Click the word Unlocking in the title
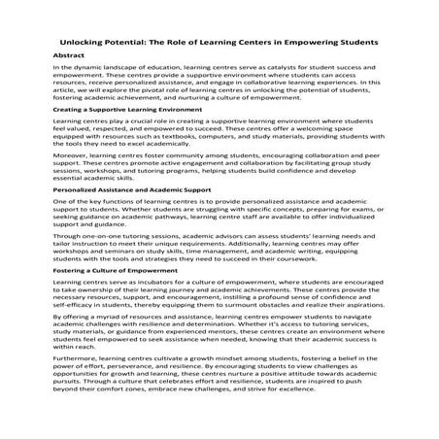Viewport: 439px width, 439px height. pos(85,44)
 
